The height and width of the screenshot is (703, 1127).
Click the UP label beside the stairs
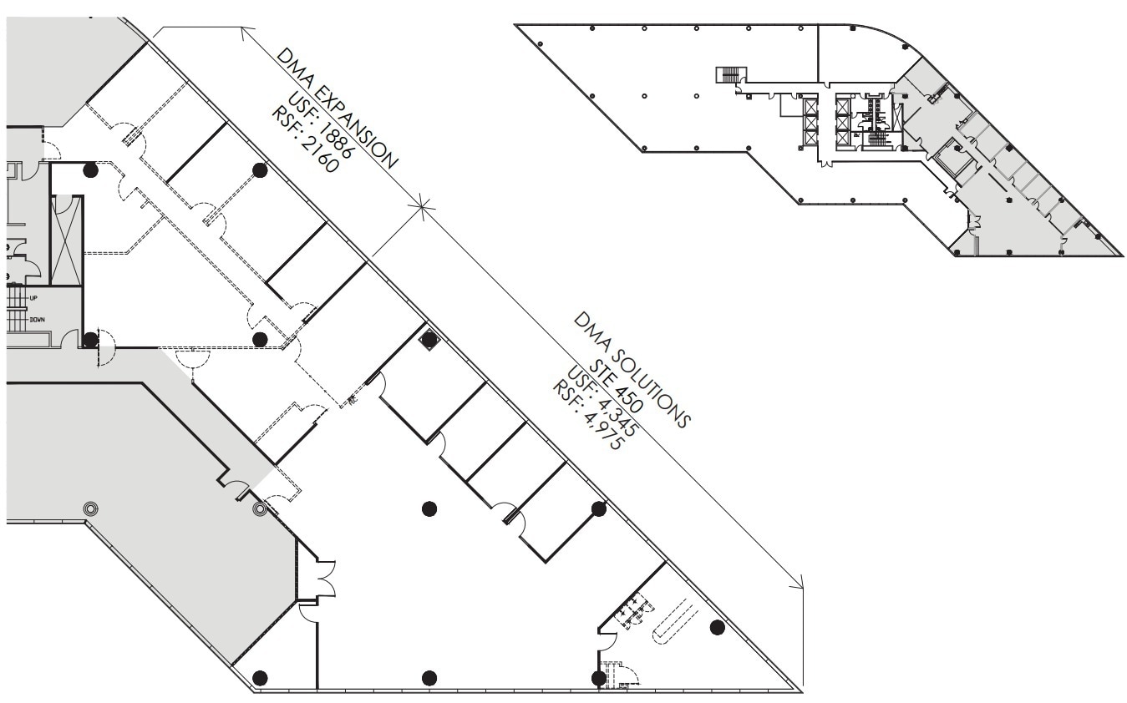click(34, 298)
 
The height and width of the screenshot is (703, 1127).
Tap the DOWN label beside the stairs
click(38, 320)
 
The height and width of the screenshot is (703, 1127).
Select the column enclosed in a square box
click(429, 339)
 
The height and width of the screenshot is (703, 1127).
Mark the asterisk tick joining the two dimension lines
click(422, 203)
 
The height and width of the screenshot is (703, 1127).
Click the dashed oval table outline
click(674, 622)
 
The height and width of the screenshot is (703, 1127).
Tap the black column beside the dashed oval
click(717, 627)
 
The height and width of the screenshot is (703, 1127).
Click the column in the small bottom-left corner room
click(260, 676)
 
